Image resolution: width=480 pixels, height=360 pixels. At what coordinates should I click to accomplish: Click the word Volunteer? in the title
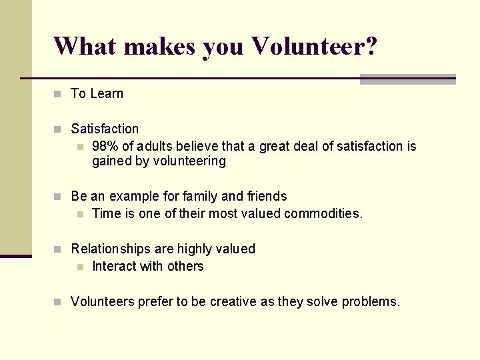[314, 46]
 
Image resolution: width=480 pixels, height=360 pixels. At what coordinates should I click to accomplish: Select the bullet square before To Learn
[57, 94]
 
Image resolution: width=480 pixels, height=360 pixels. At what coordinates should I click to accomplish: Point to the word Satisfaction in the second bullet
[105, 129]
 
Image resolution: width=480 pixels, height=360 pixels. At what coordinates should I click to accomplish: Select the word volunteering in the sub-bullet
[189, 161]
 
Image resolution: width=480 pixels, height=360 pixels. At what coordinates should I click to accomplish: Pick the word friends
[267, 196]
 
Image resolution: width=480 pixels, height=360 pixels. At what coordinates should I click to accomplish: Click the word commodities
[323, 214]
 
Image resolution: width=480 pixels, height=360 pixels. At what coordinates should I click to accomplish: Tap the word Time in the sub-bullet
[105, 214]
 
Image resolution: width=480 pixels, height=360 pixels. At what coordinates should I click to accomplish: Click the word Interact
[113, 267]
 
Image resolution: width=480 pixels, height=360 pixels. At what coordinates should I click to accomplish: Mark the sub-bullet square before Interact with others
[80, 267]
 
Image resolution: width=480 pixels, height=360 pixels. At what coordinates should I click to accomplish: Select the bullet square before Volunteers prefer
[57, 302]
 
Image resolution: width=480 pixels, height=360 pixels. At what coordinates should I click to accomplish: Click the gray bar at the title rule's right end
[407, 79]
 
